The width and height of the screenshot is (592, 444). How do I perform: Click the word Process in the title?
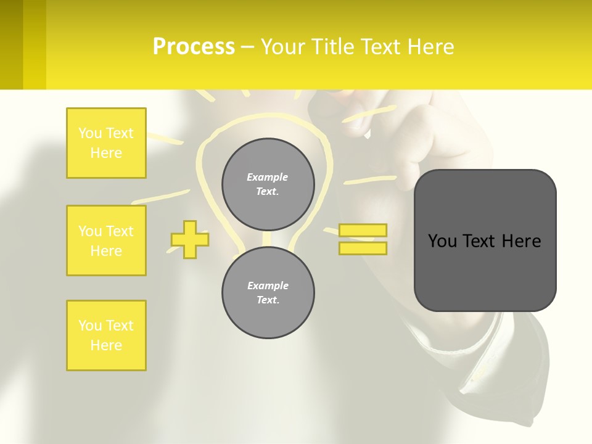point(194,47)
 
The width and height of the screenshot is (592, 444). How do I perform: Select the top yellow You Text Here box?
point(106,143)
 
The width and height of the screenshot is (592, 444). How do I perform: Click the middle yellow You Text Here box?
point(106,240)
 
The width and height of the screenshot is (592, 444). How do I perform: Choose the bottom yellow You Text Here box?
point(106,335)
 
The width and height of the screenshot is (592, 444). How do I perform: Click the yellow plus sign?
point(190,239)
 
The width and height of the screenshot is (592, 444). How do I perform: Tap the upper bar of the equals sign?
point(363,230)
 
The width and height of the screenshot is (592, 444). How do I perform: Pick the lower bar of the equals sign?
point(363,248)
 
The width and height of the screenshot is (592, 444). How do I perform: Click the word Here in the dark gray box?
point(521,240)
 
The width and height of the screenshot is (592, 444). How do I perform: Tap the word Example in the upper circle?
point(268,177)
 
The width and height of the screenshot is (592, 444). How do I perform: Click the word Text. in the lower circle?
point(268,300)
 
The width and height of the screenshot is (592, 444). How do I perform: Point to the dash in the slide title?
point(248,47)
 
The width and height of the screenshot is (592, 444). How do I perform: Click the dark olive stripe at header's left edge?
point(11,44)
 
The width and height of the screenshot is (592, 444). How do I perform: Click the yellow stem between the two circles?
point(268,239)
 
